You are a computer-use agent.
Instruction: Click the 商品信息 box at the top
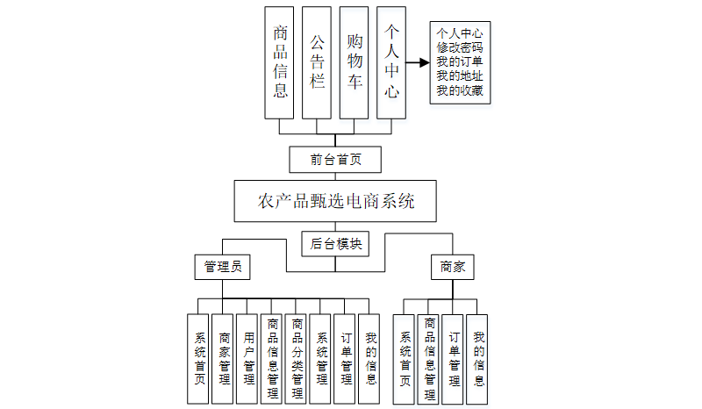click(280, 62)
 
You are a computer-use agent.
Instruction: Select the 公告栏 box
click(318, 62)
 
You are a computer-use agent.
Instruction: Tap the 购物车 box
click(355, 62)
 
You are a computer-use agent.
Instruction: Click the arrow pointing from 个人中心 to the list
click(417, 63)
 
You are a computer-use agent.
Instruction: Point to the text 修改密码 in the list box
click(460, 48)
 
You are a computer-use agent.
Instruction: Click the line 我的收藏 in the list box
click(460, 90)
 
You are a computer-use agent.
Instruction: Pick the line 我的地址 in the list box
click(460, 76)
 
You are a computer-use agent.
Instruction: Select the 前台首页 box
click(335, 160)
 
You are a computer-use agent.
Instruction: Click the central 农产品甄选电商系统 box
click(336, 201)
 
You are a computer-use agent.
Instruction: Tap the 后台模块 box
click(336, 243)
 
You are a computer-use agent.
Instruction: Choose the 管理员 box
click(222, 266)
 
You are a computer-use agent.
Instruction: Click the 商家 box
click(453, 266)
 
